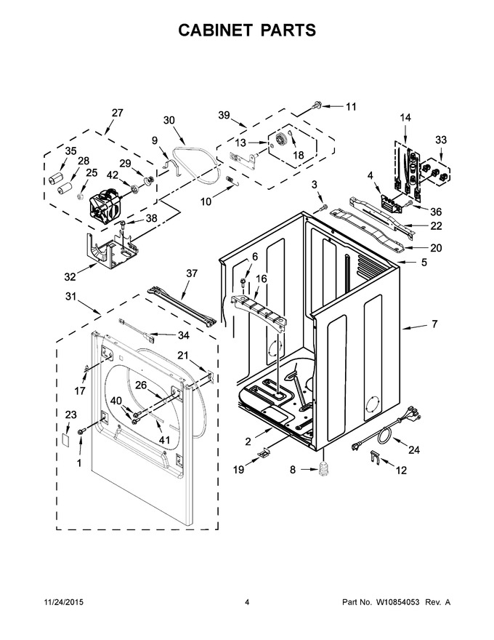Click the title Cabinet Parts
tap(247, 31)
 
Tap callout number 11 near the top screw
tap(351, 107)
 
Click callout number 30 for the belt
tap(169, 120)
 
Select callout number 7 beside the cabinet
tap(434, 324)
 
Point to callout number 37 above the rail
tap(192, 274)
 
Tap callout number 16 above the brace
tap(261, 279)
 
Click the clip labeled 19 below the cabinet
tap(264, 452)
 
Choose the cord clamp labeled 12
tap(376, 457)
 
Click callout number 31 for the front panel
tap(71, 296)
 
